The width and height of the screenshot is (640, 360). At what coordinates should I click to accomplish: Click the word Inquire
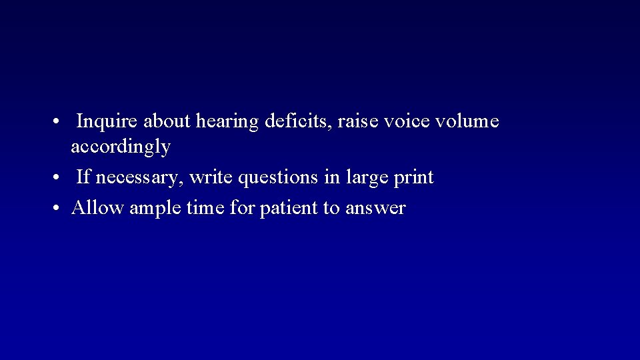click(x=100, y=122)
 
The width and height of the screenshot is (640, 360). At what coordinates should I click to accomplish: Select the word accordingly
click(x=121, y=147)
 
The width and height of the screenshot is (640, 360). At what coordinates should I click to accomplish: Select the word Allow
click(x=97, y=208)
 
